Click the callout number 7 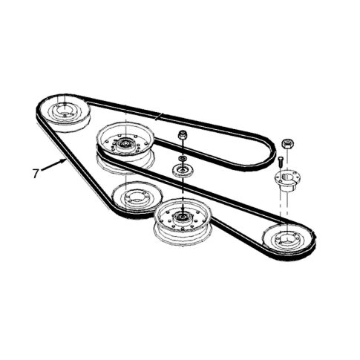point(36,173)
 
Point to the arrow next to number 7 point(53,165)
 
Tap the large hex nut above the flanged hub point(287,144)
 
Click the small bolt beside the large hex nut point(281,162)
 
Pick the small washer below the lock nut point(183,158)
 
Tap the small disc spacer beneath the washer point(183,171)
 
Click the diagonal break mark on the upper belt point(158,117)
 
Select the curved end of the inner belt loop point(271,154)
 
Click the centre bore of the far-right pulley point(287,239)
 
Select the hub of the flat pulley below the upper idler point(136,197)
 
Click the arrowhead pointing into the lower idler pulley point(183,209)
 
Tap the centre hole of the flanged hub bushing point(287,177)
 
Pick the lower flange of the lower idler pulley point(183,237)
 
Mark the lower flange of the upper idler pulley point(125,163)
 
